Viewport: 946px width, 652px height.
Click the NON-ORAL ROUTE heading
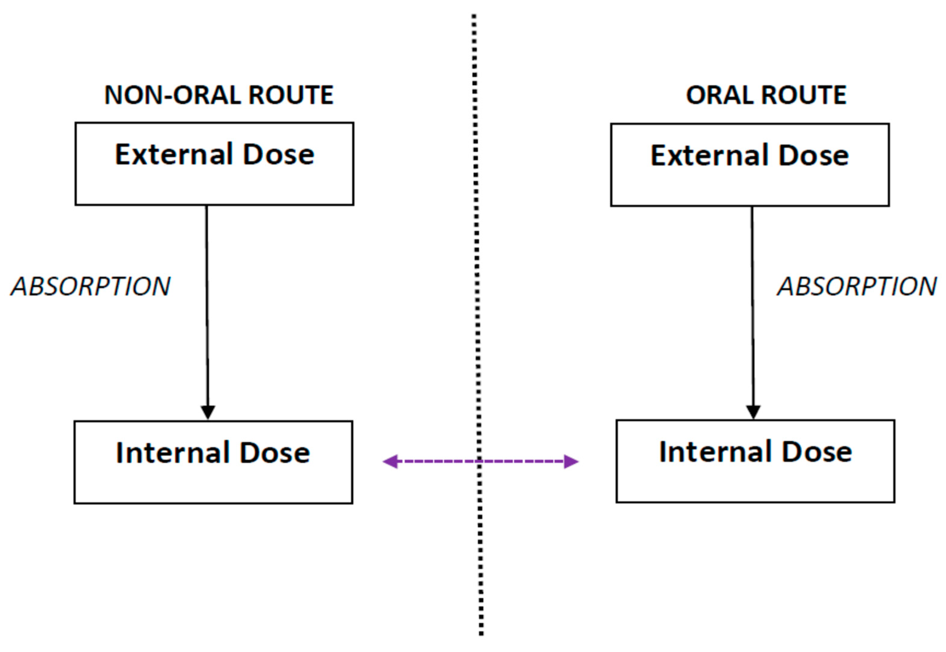coord(219,95)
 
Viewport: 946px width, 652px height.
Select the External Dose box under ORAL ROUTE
coord(749,165)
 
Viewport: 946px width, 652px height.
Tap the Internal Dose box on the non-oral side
coord(213,462)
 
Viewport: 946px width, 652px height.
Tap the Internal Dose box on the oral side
coord(755,461)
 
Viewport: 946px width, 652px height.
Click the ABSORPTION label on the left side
coord(90,286)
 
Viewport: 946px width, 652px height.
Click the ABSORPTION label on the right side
coord(857,286)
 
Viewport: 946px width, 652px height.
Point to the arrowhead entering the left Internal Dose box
coord(208,412)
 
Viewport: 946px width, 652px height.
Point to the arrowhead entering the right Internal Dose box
coord(753,411)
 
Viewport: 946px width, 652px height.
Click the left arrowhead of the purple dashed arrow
coord(390,462)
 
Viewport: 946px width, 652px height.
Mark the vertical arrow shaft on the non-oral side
coord(207,306)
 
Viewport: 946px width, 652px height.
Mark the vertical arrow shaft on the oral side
coord(752,306)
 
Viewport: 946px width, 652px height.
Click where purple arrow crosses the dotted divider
coord(479,462)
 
